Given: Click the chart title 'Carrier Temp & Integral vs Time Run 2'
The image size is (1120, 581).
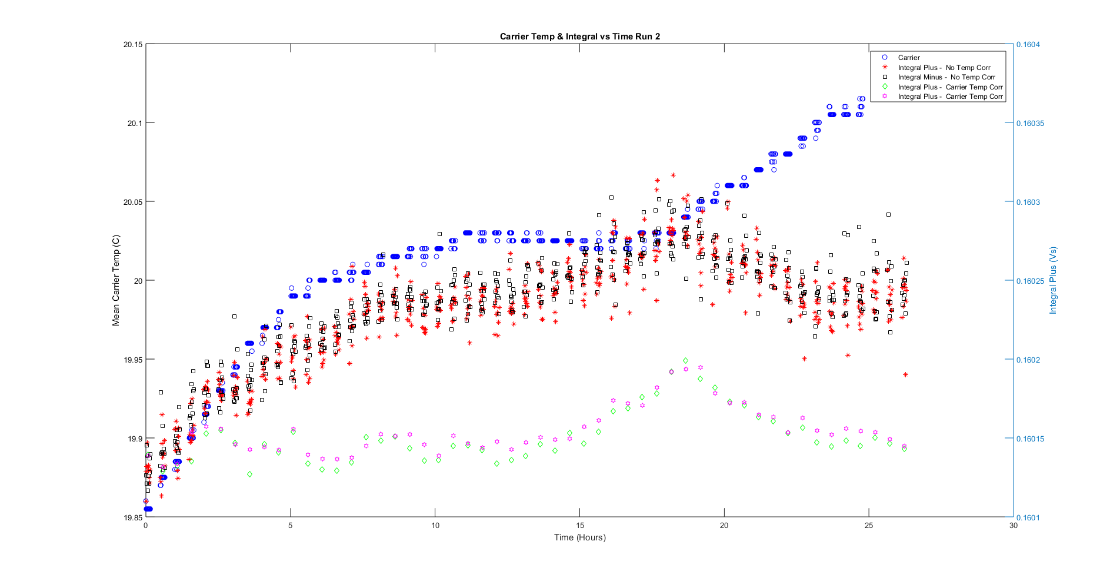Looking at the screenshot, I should click(579, 36).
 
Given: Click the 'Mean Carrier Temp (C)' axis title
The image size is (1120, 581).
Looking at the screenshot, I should click(116, 281).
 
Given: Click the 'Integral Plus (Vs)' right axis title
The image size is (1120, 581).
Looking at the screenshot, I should click(1053, 280).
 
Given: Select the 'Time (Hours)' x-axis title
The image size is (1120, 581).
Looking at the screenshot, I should click(579, 537).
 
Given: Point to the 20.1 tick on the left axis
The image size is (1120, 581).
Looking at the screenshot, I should click(135, 123).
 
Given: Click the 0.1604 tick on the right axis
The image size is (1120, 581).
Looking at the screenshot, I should click(1028, 45).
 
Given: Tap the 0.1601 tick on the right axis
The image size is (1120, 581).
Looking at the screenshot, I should click(1028, 518).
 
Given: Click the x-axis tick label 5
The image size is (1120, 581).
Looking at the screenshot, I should click(291, 526).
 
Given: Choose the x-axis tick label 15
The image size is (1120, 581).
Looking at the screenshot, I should click(580, 526).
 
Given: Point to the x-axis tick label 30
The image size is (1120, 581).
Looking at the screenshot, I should click(1014, 526).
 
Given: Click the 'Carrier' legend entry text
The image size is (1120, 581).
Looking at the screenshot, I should click(909, 58).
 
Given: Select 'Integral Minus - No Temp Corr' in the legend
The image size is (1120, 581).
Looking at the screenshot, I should click(946, 77).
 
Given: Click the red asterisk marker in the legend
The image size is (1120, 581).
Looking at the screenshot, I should click(885, 67).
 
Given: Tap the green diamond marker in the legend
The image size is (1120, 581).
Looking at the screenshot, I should click(885, 87).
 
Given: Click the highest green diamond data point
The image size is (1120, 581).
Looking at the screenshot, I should click(686, 360).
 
